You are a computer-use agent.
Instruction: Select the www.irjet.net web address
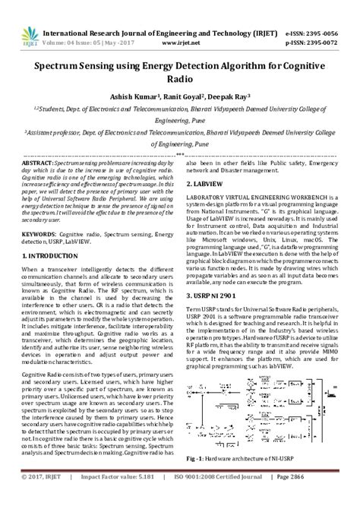pos(166,22)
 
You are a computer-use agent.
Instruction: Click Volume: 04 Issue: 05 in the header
pos(76,22)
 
